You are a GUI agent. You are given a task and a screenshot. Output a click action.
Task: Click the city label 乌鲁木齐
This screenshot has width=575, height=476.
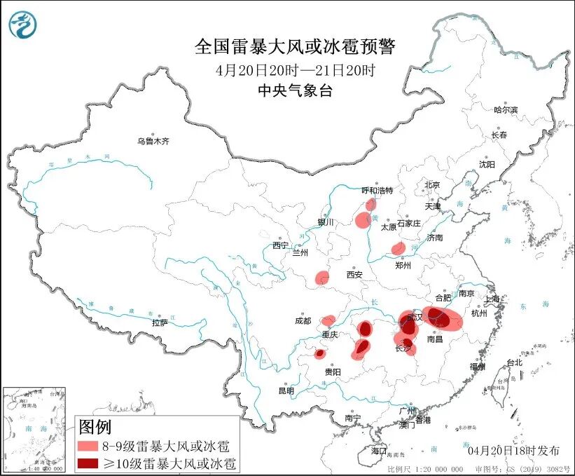[153, 141]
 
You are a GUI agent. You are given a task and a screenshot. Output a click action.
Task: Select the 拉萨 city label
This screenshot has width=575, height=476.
[160, 322]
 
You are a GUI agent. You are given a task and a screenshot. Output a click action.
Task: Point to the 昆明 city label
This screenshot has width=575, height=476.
[286, 390]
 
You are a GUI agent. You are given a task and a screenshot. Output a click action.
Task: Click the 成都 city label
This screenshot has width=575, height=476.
[303, 321]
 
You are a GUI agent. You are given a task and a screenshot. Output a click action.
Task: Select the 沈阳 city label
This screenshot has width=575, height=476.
[486, 164]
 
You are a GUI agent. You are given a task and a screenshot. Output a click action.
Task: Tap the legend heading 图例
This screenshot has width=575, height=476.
[95, 426]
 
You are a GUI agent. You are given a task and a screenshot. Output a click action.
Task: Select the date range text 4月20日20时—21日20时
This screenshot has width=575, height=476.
[295, 70]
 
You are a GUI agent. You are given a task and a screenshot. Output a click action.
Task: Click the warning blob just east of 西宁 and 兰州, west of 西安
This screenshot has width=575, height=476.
[321, 278]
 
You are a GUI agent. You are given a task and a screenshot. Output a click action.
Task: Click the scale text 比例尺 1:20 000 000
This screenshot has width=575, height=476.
[425, 468]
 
